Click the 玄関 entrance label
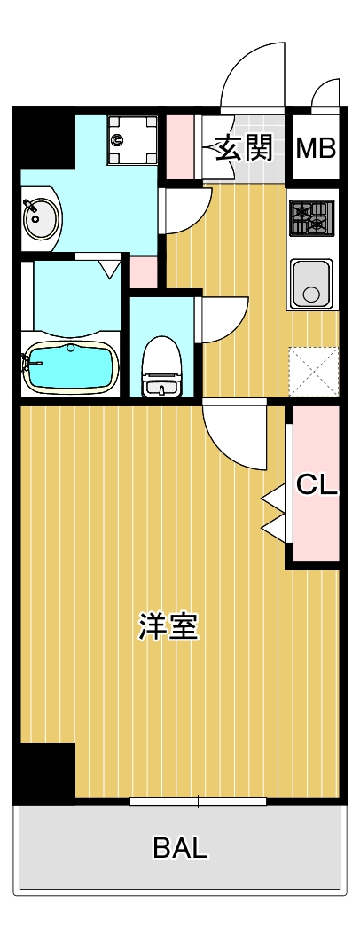pyautogui.click(x=243, y=148)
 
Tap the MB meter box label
pyautogui.click(x=316, y=148)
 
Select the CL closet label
pyautogui.click(x=317, y=484)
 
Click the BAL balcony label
pyautogui.click(x=180, y=849)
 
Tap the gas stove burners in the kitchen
pyautogui.click(x=310, y=216)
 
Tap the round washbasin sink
pyautogui.click(x=41, y=217)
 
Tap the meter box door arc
pyautogui.click(x=325, y=92)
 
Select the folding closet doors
pyautogui.click(x=273, y=515)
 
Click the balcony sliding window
pyautogui.click(x=198, y=801)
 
